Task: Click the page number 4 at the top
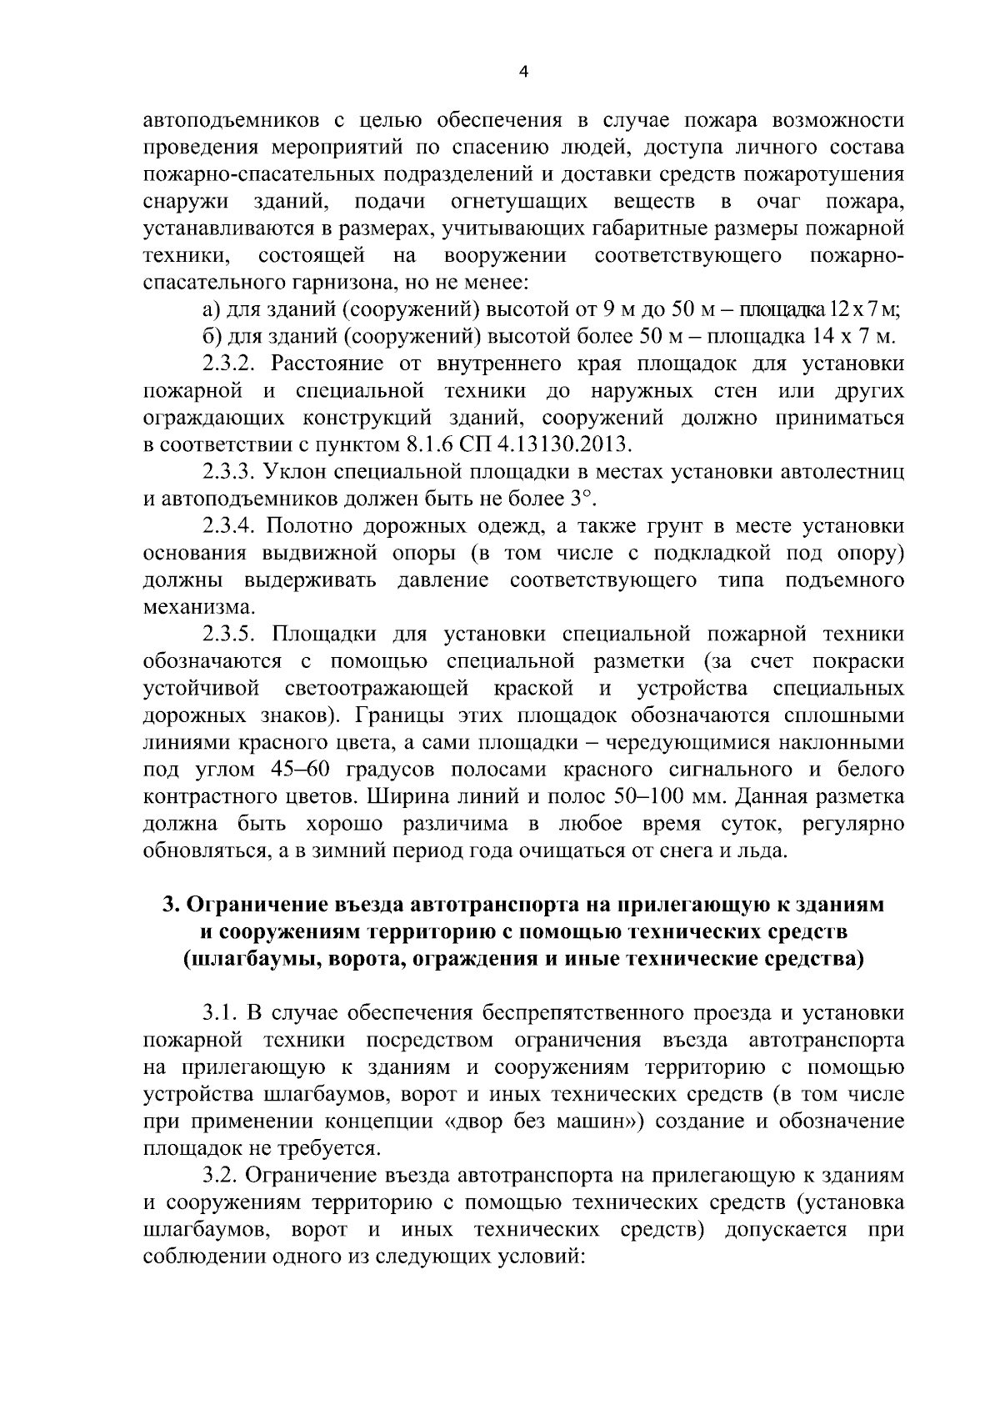click(x=522, y=72)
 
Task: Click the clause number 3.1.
click(x=222, y=1014)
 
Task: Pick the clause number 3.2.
click(x=222, y=1176)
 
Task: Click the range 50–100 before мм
click(x=652, y=797)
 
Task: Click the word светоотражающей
click(x=380, y=689)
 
